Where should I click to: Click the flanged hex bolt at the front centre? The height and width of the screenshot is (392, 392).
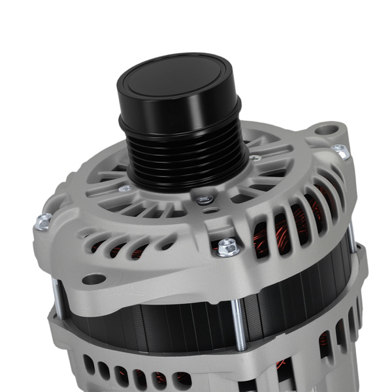coord(227,246)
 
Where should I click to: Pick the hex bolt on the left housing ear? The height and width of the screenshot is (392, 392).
coord(43,222)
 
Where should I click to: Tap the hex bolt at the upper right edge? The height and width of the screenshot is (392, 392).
coord(340,151)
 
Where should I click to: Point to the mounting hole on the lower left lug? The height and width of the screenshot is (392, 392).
coord(94,279)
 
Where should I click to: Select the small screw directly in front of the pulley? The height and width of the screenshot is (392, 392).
coord(204,199)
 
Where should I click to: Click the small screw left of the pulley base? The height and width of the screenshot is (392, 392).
coord(125,188)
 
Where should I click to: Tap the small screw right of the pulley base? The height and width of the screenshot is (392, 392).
coord(255,157)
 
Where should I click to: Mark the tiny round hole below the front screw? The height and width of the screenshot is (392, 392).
coord(207,210)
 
